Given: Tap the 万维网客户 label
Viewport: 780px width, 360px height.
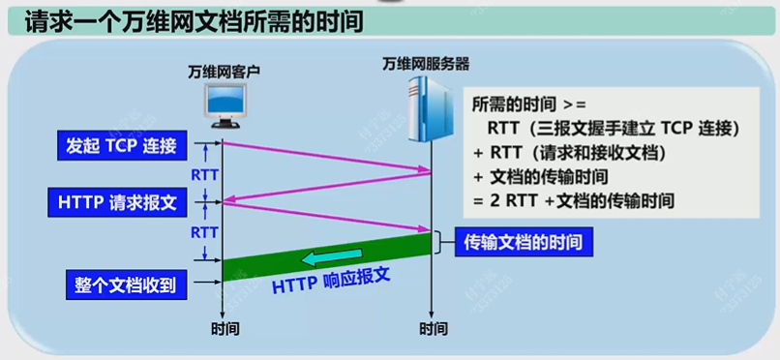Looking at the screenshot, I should pyautogui.click(x=224, y=72).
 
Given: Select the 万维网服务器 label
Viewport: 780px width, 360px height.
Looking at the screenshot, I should pyautogui.click(x=426, y=64).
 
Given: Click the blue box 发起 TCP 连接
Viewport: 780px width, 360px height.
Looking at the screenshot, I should pyautogui.click(x=121, y=147).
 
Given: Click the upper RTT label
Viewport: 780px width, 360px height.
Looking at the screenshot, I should pyautogui.click(x=204, y=175).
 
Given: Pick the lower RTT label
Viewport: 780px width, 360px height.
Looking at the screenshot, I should pyautogui.click(x=204, y=232).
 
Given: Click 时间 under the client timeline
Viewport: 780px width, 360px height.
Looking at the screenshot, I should pyautogui.click(x=225, y=329).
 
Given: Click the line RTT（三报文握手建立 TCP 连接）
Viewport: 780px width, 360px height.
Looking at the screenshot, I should pyautogui.click(x=615, y=128).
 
